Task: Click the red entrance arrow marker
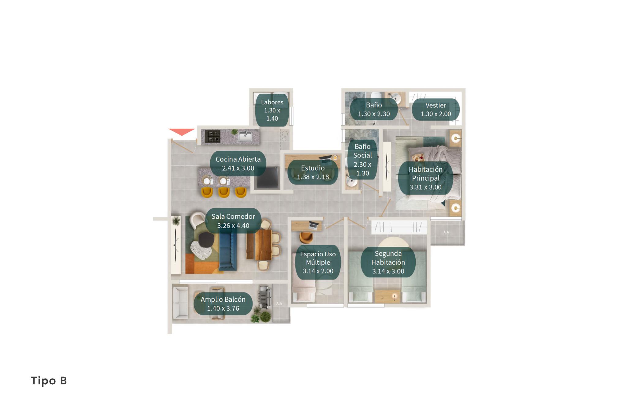182,132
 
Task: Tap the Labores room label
272,110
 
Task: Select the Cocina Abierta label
238,164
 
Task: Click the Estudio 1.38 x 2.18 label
313,172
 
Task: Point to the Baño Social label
362,160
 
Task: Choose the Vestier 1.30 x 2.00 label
436,109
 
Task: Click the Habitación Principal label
425,178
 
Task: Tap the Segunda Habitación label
388,262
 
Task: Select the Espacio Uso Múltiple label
318,262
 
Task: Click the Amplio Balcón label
223,304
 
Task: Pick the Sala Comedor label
233,221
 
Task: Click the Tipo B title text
49,381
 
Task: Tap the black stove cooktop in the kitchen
212,136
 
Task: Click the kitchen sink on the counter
245,136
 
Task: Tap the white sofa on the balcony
181,303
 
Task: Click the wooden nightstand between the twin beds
388,296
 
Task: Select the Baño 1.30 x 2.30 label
374,109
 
